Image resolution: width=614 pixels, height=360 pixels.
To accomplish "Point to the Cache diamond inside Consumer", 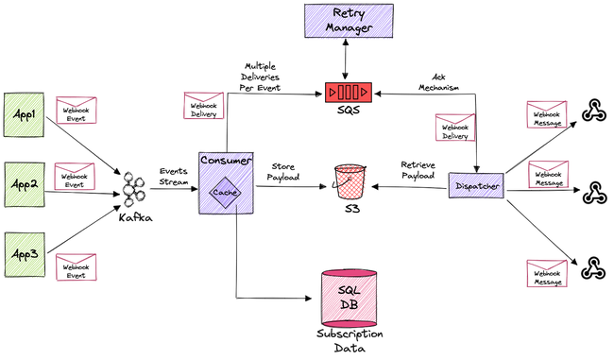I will [224, 193].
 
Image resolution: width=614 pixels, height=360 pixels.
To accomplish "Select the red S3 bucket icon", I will [350, 180].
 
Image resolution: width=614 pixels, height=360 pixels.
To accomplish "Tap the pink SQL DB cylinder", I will [350, 296].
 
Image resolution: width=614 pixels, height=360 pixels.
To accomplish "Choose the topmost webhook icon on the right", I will [592, 113].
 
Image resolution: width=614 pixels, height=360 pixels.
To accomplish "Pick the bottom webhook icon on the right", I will [592, 268].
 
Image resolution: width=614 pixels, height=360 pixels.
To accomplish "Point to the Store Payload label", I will [282, 171].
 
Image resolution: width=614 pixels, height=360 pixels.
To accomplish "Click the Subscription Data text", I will [350, 340].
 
